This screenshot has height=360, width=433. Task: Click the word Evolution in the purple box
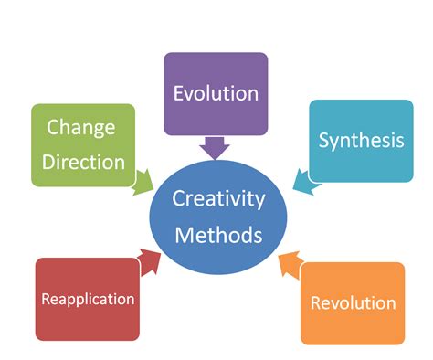point(216,93)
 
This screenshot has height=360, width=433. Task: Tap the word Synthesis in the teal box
point(360,141)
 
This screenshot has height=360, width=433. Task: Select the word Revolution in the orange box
point(353,302)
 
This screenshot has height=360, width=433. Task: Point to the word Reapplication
point(88,299)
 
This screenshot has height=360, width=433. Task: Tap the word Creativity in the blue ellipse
point(219,199)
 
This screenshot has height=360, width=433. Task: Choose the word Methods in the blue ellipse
point(219,235)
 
